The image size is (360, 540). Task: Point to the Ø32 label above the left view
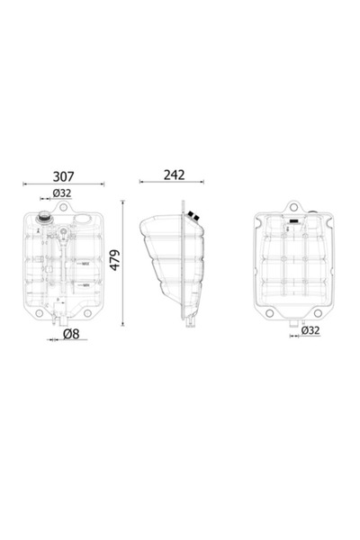[62, 193]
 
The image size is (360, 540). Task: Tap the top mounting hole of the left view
[64, 207]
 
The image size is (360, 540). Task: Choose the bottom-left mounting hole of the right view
[267, 312]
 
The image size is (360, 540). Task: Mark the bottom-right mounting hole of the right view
[317, 312]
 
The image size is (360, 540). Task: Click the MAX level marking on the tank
[85, 264]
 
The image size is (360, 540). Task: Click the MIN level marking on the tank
[85, 284]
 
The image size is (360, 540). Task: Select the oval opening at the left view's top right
[82, 218]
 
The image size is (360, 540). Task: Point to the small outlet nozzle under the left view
[55, 319]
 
